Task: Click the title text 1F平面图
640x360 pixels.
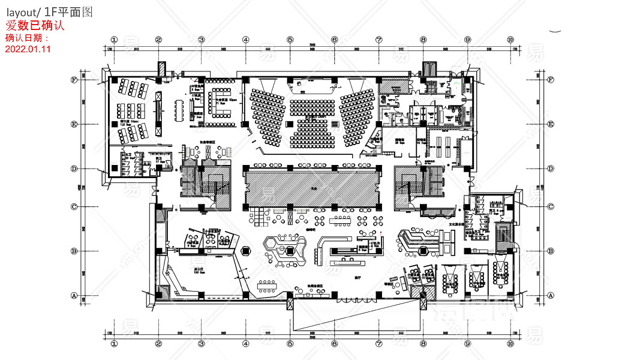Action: pos(68,12)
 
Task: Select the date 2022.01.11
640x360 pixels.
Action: pos(28,49)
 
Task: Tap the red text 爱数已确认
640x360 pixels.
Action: pos(35,26)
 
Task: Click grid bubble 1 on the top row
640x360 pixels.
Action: pos(113,40)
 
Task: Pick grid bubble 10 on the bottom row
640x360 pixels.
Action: pos(510,344)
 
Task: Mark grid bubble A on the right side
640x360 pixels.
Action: pos(551,295)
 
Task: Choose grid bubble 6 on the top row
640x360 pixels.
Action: pos(334,40)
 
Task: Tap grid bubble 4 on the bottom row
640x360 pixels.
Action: pos(246,344)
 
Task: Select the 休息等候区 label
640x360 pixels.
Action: pos(199,143)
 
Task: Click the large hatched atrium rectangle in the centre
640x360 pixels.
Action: pos(313,187)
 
